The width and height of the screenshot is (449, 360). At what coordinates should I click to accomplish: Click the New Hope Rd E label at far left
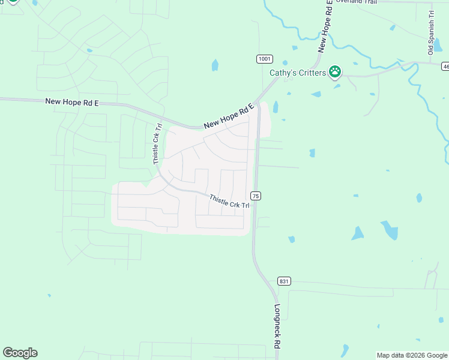tap(71, 103)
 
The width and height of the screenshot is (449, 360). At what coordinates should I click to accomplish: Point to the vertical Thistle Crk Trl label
tap(157, 144)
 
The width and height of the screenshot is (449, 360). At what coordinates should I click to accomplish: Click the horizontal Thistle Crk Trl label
tap(229, 202)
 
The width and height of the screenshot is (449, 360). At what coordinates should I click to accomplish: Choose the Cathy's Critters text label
tap(297, 73)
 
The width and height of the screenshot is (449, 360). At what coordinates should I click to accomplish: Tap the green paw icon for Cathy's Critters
tap(335, 73)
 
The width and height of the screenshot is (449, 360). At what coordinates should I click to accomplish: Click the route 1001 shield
tap(265, 59)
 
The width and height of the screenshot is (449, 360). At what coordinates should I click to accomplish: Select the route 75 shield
tap(256, 196)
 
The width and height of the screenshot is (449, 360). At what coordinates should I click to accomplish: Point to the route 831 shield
tap(285, 281)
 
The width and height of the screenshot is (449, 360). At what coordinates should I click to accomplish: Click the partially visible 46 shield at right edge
tap(445, 66)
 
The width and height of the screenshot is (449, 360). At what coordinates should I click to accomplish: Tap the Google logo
tap(20, 353)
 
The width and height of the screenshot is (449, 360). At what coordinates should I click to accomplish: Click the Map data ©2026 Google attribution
tap(412, 355)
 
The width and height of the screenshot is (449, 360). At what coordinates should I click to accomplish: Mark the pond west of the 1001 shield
tap(215, 65)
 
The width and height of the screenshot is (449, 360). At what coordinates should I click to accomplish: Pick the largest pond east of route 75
tap(390, 230)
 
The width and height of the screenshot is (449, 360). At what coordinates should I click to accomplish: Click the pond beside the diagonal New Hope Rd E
tap(276, 107)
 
